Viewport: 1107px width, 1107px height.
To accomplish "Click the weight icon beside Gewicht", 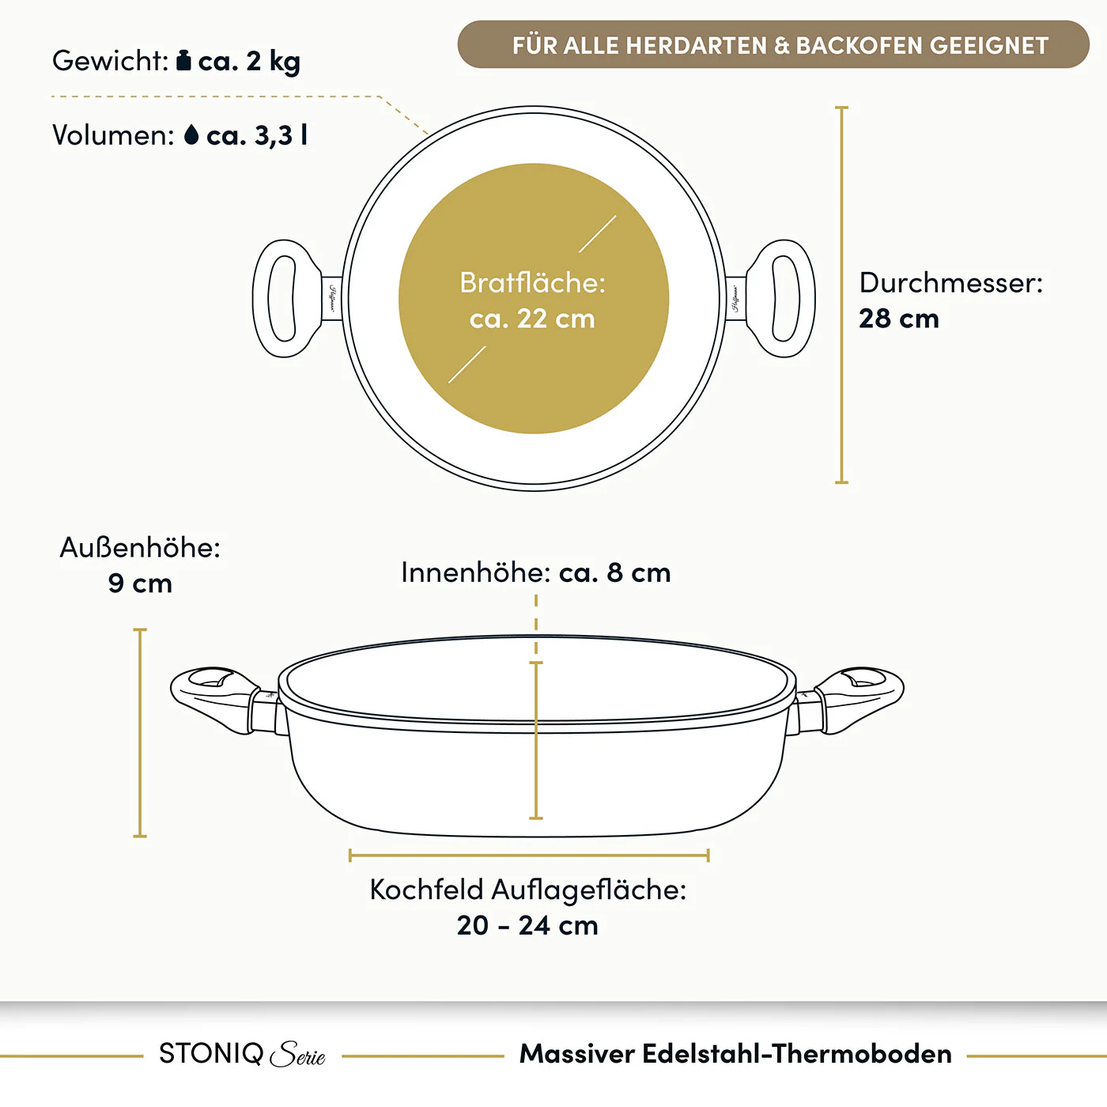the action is click(183, 60).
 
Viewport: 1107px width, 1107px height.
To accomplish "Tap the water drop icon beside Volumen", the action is click(191, 135).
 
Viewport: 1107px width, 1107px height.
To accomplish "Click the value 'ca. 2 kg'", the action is click(249, 62).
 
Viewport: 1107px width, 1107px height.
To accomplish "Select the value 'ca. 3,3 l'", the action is click(257, 136).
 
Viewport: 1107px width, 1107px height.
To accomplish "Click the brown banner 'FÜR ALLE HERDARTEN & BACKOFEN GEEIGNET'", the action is click(773, 45).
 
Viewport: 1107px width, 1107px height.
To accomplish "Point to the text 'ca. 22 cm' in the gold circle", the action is click(532, 319).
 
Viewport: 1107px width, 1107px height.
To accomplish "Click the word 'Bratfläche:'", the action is click(532, 282).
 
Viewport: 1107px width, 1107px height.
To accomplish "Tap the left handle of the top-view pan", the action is click(292, 299).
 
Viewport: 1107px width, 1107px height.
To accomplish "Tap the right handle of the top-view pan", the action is click(776, 299).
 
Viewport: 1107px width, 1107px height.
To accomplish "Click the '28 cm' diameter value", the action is click(899, 318).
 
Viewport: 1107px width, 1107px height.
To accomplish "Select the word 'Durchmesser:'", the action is click(951, 282).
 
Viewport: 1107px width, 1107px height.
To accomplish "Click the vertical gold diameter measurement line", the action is click(841, 295).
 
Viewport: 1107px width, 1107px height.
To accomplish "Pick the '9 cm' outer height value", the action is click(140, 583).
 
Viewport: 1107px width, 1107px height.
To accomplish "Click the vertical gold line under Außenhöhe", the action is click(140, 732).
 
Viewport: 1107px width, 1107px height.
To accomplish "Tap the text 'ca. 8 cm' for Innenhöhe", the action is click(614, 572).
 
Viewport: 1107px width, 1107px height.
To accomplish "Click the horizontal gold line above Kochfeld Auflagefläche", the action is click(529, 856).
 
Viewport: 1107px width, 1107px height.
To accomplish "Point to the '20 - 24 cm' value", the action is click(527, 925).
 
